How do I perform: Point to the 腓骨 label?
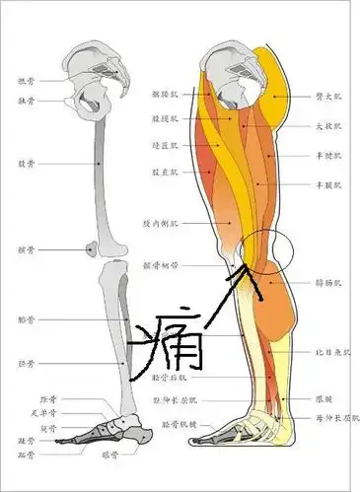click(26, 320)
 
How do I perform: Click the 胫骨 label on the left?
click(26, 364)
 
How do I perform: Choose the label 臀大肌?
click(327, 98)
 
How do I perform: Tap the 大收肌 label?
click(327, 126)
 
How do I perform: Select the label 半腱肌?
click(327, 154)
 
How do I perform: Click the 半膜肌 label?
click(327, 183)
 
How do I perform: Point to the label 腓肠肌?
click(327, 283)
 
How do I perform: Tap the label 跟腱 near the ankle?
click(324, 399)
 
